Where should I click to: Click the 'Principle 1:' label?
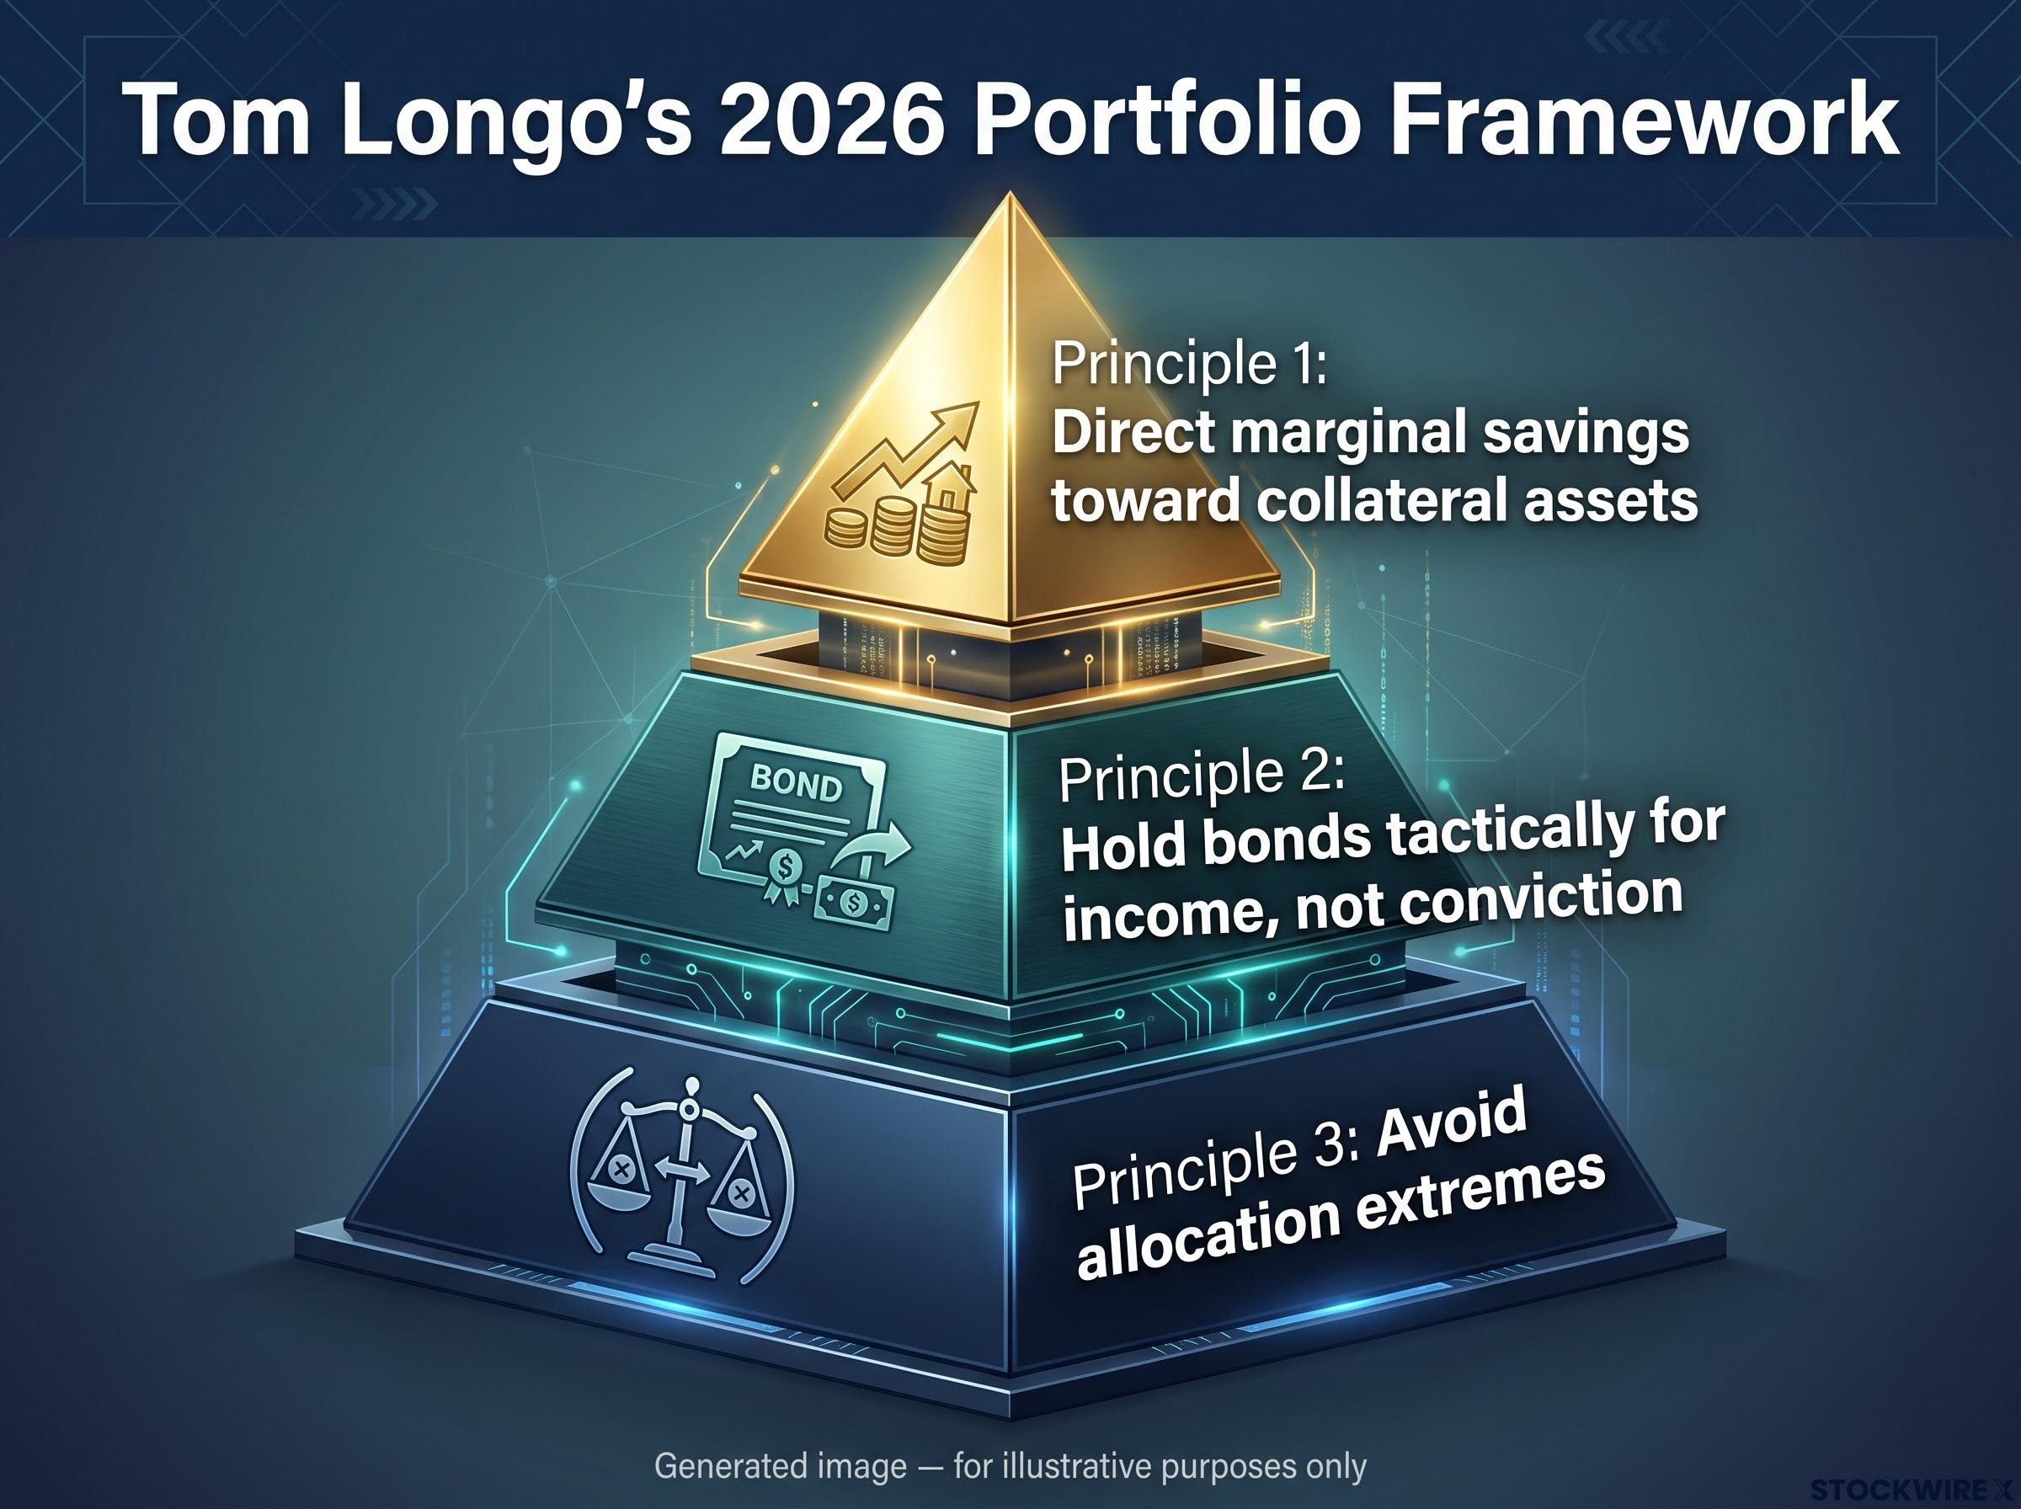[1188, 364]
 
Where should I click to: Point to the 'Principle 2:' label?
[1200, 774]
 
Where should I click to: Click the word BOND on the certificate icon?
[796, 783]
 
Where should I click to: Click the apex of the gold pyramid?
[1009, 193]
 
